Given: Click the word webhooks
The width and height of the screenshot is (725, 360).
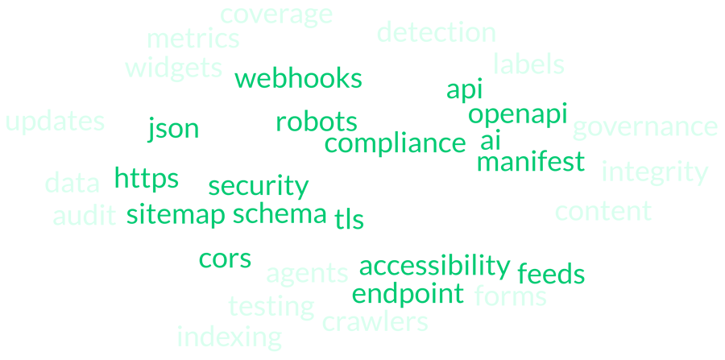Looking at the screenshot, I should coord(298,79).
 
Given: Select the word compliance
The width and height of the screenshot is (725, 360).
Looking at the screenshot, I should coord(395,144).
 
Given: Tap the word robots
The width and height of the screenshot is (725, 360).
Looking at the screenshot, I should coord(316,122).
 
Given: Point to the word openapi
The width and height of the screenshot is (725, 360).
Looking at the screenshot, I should coord(518,114).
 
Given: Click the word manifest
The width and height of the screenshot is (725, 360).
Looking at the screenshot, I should coord(530,163).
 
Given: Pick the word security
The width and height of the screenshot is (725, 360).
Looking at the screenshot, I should coord(258,187).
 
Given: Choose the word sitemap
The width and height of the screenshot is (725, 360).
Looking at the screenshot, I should coord(176,215).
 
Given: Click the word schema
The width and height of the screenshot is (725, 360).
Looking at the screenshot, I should coord(280,214).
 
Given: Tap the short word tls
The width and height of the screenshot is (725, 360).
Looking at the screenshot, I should coord(349,218).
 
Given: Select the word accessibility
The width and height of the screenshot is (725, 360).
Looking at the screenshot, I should coord(434,266).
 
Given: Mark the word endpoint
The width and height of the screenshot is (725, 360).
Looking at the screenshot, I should coord(408,294).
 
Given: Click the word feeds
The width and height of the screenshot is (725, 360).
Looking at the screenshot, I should coord(551,274).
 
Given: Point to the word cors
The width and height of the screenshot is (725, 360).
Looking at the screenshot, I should coord(225,259).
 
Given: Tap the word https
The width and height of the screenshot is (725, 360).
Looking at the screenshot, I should coord(146,179).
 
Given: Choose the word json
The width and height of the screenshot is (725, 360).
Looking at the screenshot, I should coord(173,129).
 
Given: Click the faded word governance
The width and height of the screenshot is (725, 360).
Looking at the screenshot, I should coord(644,127).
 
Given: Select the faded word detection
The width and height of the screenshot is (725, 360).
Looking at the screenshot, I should coord(436,33).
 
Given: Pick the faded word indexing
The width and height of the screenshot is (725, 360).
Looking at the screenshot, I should coord(229,337).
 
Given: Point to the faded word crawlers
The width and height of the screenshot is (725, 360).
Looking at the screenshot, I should coord(375,322).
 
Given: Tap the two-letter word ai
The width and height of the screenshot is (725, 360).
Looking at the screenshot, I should coord(490,141).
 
